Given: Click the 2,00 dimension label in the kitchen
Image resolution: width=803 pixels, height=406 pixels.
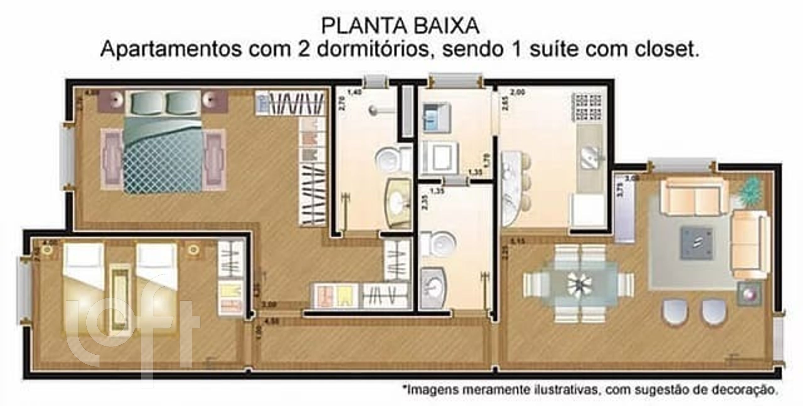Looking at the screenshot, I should tap(518, 92).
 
